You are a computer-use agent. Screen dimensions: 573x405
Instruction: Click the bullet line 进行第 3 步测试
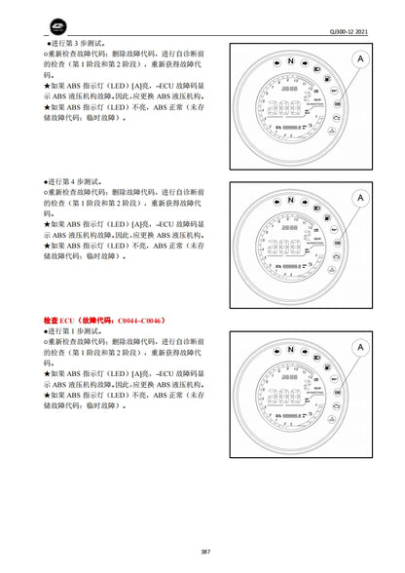(78, 45)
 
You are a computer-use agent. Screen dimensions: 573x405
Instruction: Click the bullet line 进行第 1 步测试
(78, 331)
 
